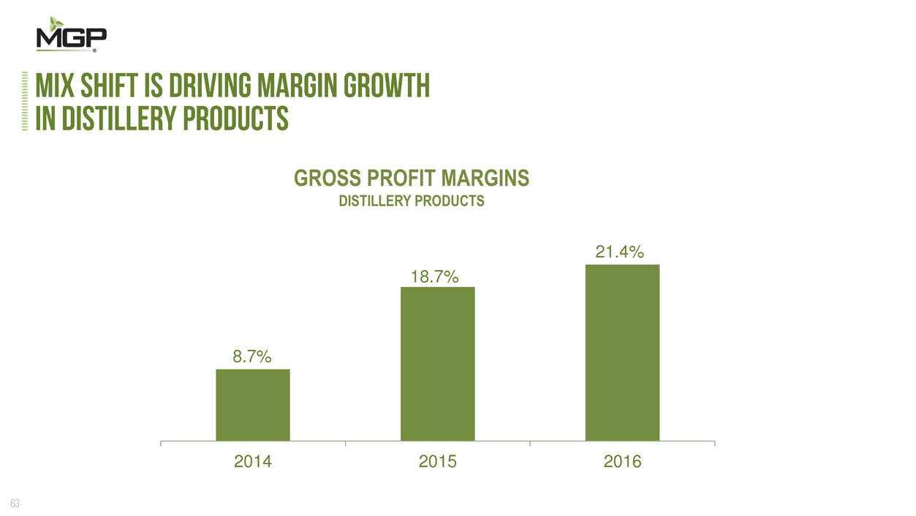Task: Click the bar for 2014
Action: tap(253, 404)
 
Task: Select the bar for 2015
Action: tap(438, 363)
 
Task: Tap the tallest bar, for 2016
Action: tap(623, 352)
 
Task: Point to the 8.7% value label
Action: tap(252, 357)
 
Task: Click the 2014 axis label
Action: tap(252, 462)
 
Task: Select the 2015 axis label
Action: tap(437, 462)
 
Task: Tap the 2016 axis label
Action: tap(622, 462)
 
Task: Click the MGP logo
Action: tap(72, 39)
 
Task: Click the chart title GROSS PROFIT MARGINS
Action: tap(411, 179)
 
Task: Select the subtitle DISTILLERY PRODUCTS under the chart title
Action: tap(411, 201)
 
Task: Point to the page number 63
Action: tap(14, 502)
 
